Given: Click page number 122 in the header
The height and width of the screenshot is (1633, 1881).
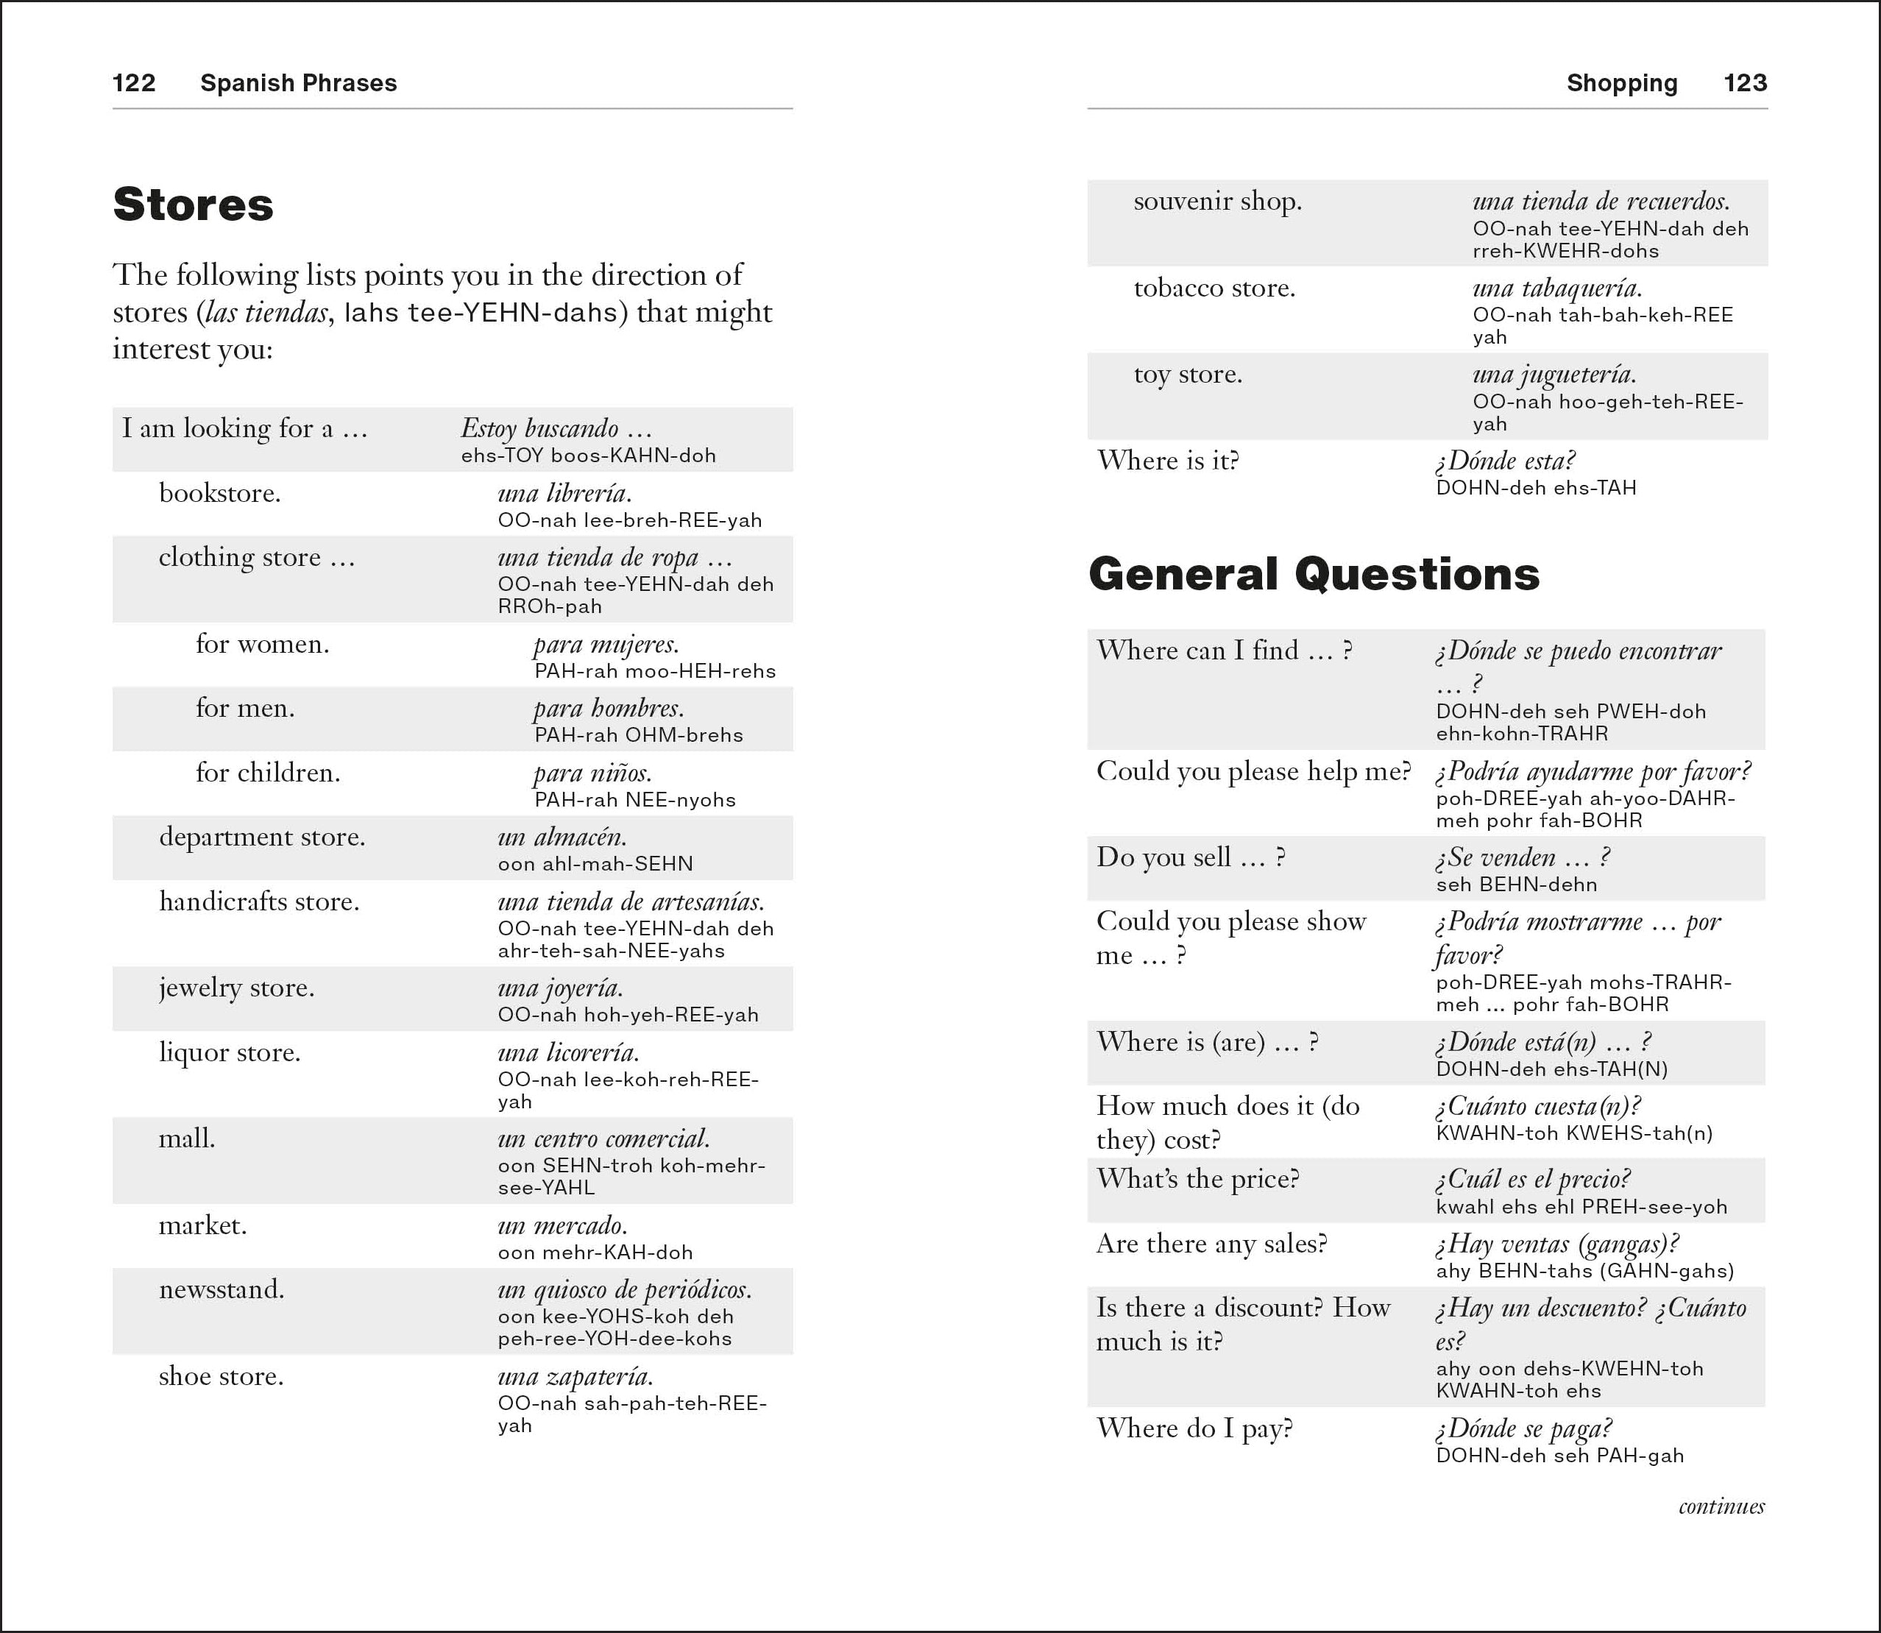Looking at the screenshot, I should pos(133,83).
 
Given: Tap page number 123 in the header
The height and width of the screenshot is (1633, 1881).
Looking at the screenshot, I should pos(1744,83).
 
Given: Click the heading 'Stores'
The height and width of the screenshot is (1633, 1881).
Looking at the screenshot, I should pos(194,204).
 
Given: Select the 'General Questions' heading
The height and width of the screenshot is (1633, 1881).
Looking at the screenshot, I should pos(1313,574).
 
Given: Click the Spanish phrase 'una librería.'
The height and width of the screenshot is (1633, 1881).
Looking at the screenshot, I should pos(564,493).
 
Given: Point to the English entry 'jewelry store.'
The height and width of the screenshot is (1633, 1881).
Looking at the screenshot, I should pos(236,988).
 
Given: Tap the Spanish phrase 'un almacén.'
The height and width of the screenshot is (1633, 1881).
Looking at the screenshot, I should pos(562,837).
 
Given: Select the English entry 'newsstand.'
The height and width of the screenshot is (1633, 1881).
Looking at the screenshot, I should pos(222,1289).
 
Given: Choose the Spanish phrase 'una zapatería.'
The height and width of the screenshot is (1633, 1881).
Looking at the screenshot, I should pos(575,1376).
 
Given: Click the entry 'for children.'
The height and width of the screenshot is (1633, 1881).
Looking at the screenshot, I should pos(267,773).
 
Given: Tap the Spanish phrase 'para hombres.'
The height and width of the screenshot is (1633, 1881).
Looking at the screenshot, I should pos(608,708).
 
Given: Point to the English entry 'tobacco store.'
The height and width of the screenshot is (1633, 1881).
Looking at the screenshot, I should pos(1214,288).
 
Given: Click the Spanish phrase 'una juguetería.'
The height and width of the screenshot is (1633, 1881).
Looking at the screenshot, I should pos(1554,375).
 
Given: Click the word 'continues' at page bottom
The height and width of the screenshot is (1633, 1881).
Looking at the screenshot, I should pos(1721,1506).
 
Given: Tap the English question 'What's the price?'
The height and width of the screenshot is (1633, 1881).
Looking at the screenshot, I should pos(1197,1179).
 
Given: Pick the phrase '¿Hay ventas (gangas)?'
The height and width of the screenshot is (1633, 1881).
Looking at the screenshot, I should pos(1556,1244).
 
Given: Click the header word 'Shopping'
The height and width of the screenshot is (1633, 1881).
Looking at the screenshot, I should pos(1621,83).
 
